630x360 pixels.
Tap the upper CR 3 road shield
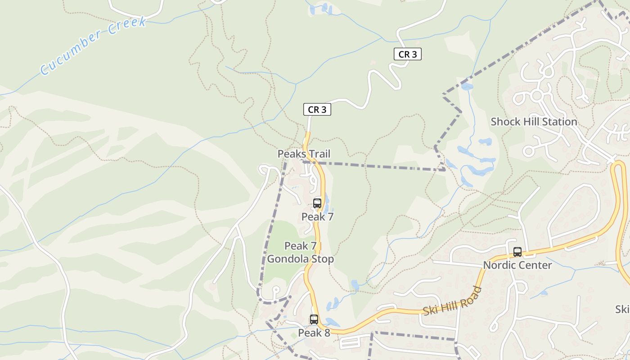(408, 54)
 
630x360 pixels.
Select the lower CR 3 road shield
(317, 109)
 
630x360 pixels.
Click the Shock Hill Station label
(534, 121)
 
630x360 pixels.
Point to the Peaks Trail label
(304, 154)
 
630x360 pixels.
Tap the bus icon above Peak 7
(317, 203)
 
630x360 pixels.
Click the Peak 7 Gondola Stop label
(301, 252)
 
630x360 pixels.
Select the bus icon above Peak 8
(314, 319)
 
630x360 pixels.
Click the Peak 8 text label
(314, 333)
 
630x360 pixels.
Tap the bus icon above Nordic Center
(517, 252)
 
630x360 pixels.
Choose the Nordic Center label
(517, 265)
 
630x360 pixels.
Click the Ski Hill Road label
(453, 301)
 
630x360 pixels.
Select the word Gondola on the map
(285, 259)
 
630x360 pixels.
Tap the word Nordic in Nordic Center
(499, 265)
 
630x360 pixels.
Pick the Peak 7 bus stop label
(317, 216)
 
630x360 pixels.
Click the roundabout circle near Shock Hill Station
(536, 95)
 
